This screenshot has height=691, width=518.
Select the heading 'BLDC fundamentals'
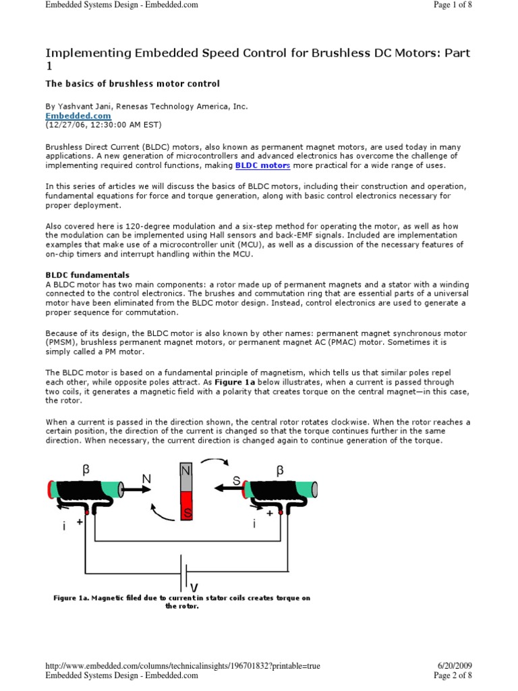point(87,275)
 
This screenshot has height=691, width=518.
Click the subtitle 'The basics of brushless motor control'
point(132,84)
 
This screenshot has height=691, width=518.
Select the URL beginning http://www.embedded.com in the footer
point(182,666)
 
